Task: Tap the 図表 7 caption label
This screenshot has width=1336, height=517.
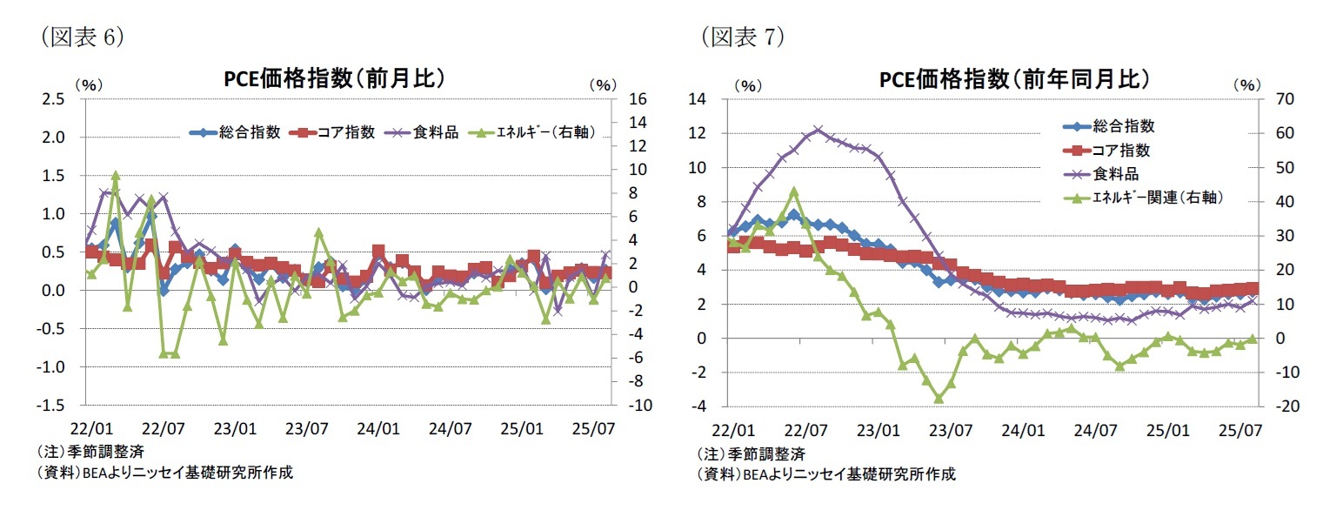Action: click(x=742, y=36)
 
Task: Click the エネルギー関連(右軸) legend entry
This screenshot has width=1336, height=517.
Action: click(x=1157, y=198)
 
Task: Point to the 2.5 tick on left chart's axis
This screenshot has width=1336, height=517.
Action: click(x=53, y=99)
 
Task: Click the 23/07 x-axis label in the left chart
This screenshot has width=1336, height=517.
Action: click(x=306, y=429)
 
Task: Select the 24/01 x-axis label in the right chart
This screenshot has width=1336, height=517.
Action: click(x=1023, y=429)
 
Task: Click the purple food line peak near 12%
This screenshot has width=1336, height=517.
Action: click(x=818, y=130)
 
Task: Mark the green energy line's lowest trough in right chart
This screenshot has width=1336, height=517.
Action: click(x=939, y=399)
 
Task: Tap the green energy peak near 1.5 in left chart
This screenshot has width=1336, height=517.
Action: click(x=116, y=176)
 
